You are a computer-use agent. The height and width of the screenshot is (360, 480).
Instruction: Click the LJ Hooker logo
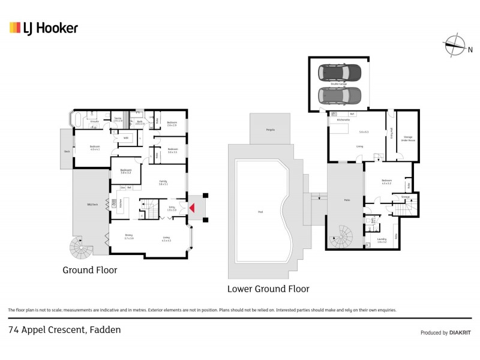[43, 28]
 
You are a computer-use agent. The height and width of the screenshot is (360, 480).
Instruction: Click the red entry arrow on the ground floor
[192, 208]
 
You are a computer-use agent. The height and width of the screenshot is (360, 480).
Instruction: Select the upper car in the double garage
[340, 73]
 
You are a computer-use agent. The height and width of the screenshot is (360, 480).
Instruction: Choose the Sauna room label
[119, 119]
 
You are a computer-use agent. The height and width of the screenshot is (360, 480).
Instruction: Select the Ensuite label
[94, 122]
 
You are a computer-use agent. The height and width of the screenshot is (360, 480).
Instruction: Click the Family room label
[163, 181]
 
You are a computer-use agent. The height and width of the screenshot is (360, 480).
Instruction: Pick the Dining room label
[129, 235]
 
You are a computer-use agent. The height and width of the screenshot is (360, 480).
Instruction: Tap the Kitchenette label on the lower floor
[344, 119]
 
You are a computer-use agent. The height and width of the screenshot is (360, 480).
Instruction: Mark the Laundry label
[382, 238]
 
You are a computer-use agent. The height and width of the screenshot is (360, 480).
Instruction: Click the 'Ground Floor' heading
[90, 270]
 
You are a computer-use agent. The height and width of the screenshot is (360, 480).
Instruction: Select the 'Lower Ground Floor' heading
[268, 289]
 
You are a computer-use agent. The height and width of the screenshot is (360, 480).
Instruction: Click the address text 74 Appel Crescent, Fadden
[64, 329]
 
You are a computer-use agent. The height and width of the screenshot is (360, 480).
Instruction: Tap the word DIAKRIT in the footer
[460, 332]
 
